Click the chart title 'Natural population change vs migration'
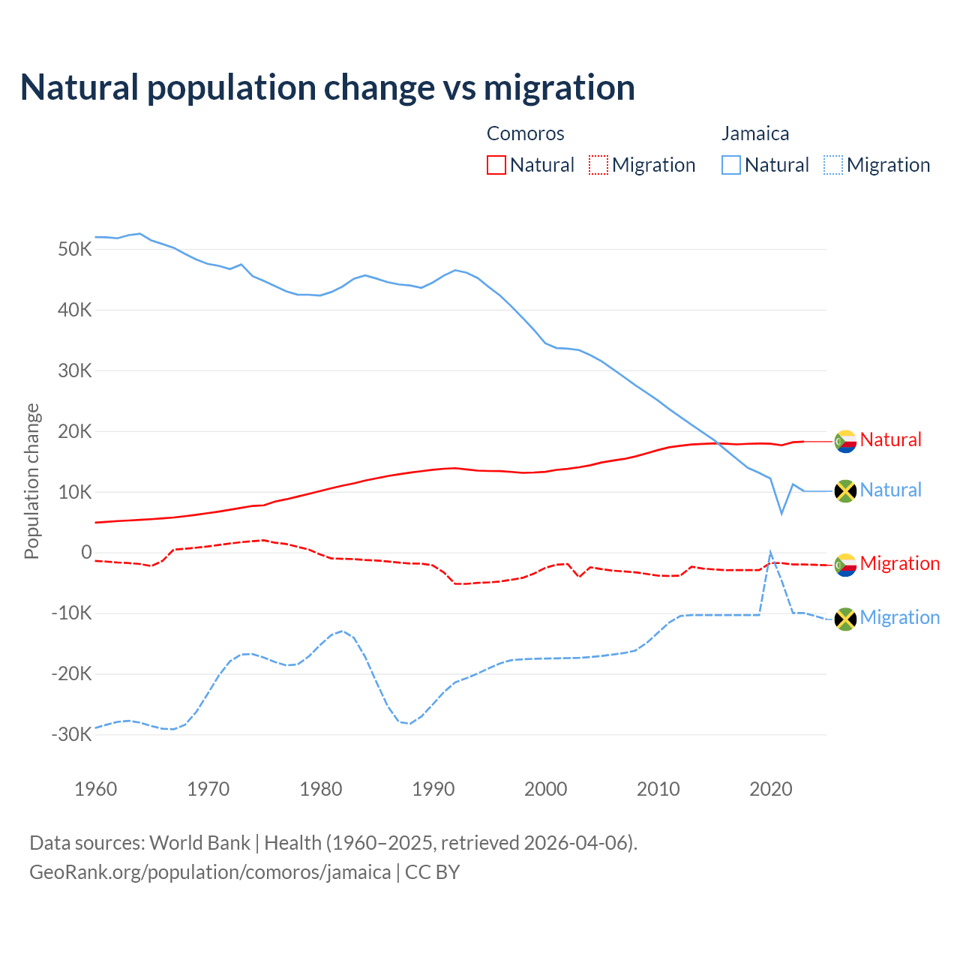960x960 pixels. (328, 87)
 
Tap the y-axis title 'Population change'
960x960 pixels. (31, 481)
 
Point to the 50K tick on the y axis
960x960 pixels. (74, 249)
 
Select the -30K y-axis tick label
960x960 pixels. (71, 734)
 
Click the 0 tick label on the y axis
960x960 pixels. (86, 553)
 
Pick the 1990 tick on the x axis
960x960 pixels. (433, 789)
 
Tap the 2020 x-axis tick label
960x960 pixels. (771, 789)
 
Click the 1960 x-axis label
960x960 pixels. (96, 789)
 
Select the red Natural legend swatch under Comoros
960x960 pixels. (496, 165)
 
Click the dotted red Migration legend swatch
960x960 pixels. (598, 165)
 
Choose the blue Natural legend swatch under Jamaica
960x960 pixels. (731, 165)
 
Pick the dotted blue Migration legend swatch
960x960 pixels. (833, 165)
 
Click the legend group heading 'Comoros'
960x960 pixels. (525, 133)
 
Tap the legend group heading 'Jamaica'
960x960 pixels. (755, 133)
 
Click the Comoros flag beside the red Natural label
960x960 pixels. (845, 441)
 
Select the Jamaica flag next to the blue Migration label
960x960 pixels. (845, 619)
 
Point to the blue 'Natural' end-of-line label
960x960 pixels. (890, 490)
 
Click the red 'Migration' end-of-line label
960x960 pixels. (899, 563)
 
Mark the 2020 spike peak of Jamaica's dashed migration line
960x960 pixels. (770, 552)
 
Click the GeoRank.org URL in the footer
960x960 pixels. (210, 872)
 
